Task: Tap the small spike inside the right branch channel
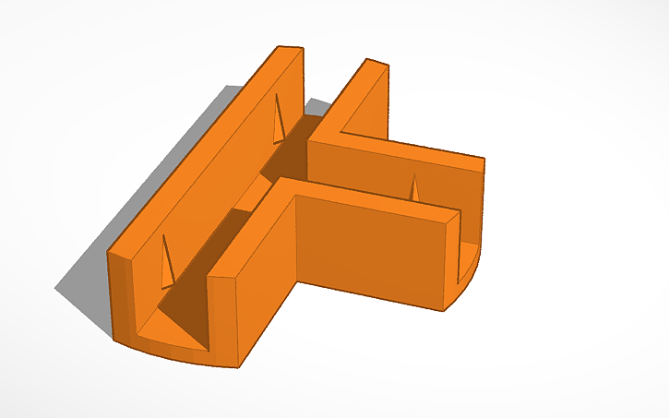[414, 188]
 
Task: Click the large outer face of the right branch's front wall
[369, 254]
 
